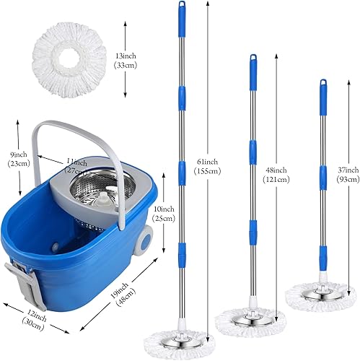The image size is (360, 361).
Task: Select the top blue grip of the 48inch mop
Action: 253,71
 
